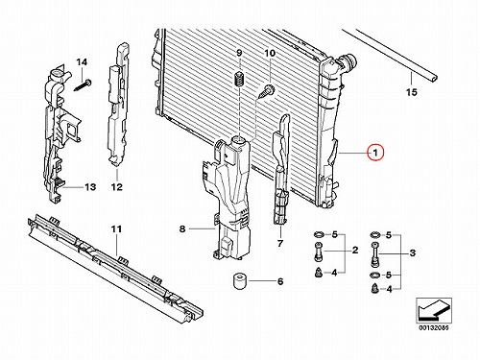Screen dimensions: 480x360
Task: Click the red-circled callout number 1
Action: pos(375,153)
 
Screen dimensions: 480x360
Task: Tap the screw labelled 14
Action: pos(83,85)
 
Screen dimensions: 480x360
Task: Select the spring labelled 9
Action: pos(239,79)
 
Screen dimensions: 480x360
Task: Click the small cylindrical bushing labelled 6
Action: pos(239,281)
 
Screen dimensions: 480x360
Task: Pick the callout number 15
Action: pos(412,92)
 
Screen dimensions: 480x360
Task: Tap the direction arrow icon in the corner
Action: pos(434,310)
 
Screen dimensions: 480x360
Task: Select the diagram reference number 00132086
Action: pos(434,328)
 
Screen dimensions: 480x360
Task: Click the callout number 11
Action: pos(116,229)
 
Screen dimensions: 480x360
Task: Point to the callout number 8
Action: pos(182,228)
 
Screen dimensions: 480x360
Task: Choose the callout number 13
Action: pos(90,186)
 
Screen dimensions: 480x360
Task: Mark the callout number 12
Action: pos(117,186)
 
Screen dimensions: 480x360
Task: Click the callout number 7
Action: pos(280,244)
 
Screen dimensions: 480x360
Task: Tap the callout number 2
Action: pos(355,251)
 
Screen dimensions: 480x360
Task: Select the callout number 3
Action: pos(413,253)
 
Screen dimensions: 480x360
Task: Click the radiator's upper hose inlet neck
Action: pos(347,61)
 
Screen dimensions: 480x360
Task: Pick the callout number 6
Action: pos(280,281)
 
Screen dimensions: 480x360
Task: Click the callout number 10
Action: pos(270,53)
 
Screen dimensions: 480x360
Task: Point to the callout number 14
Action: pos(82,61)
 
